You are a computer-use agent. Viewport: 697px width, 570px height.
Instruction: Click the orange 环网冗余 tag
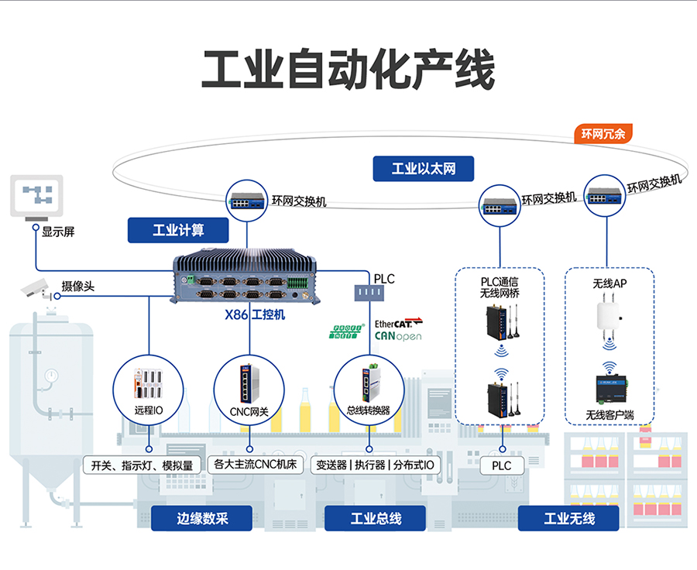point(603,134)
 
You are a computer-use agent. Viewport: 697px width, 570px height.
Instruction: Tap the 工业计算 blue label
point(178,230)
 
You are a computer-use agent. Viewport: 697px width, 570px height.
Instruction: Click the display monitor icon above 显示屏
point(36,196)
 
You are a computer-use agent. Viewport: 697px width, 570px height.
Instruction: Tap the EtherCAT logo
point(399,323)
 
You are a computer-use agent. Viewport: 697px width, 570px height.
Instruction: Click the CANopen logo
point(398,337)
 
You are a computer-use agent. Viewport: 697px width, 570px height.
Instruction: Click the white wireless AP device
point(610,314)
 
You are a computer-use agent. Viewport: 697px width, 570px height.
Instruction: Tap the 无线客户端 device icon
point(610,386)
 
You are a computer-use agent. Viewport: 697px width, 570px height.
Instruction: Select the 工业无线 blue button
point(568,518)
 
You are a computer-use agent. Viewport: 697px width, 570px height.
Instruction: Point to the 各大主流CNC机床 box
point(256,465)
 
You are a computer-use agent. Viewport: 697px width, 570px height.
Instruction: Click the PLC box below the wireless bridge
point(502,465)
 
